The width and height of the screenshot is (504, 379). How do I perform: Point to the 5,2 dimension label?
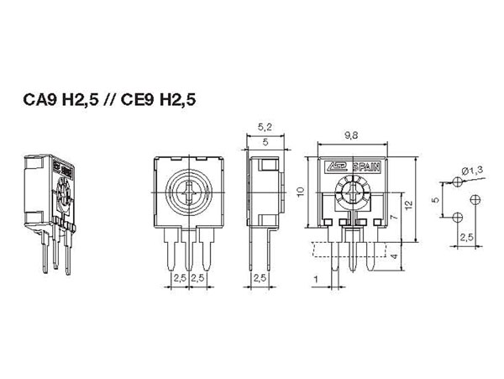tap(265, 127)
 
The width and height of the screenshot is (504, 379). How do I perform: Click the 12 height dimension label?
tap(407, 204)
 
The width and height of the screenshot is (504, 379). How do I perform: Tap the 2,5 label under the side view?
tap(260, 277)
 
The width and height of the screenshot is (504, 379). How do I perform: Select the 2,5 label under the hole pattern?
tap(466, 239)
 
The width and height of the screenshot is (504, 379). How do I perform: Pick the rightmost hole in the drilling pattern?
tap(475, 199)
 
